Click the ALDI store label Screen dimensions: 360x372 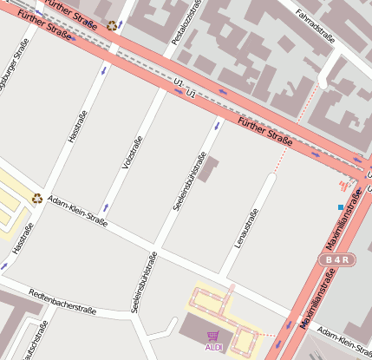[213, 347]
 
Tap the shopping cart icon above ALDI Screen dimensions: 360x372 [213, 336]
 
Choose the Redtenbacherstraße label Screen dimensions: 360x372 [61, 300]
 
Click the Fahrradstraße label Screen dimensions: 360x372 [316, 27]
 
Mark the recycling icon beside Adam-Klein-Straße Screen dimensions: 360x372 [37, 198]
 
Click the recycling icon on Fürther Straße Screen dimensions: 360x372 [112, 25]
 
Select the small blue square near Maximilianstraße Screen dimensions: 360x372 [340, 206]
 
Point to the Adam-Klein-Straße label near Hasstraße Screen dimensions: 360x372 [78, 211]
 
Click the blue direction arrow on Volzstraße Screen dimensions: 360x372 [105, 207]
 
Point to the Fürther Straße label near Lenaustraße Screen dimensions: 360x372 [265, 130]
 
